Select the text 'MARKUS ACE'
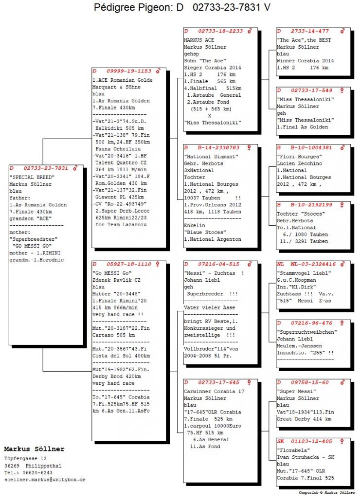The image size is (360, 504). (198, 39)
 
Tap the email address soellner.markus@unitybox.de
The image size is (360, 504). (45, 480)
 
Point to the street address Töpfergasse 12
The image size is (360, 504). (25, 458)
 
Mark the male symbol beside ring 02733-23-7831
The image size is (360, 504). (75, 168)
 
